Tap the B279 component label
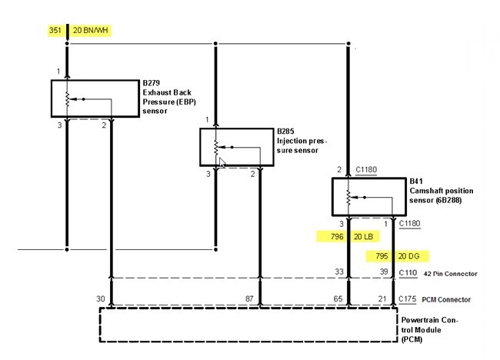[x=152, y=82]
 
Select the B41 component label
[x=415, y=182]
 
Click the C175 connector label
[x=410, y=299]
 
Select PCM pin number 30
[x=101, y=298]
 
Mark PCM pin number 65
[x=338, y=298]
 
